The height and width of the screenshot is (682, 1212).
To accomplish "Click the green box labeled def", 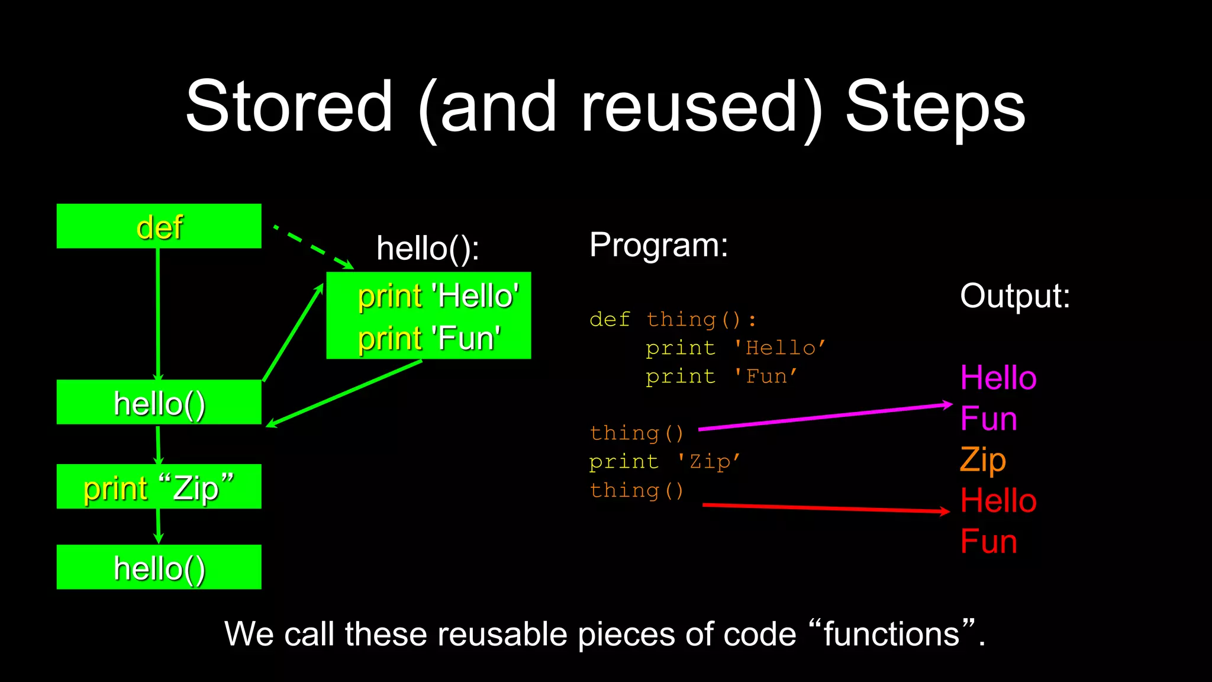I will [159, 226].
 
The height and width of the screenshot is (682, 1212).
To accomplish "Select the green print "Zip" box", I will [159, 487].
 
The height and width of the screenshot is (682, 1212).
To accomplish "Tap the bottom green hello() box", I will [159, 567].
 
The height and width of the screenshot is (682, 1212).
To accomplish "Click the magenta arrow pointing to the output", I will [825, 417].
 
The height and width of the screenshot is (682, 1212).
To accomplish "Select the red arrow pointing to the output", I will [825, 508].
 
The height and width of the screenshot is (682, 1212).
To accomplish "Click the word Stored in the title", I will [289, 107].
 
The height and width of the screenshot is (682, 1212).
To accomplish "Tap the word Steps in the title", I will [935, 107].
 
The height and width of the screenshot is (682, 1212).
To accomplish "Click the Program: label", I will [658, 245].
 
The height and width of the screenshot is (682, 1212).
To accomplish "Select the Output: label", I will [1014, 295].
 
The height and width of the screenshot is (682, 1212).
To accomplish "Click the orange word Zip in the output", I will [982, 460].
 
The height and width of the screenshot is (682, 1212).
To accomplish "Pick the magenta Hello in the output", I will [998, 378].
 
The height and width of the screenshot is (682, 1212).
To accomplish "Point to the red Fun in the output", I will [988, 541].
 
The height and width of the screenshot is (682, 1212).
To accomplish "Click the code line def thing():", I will [673, 320].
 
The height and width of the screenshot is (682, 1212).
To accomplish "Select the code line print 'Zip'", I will [665, 462].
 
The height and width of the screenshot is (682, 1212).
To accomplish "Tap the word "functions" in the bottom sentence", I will [892, 634].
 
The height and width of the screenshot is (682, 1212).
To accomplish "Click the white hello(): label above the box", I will [428, 248].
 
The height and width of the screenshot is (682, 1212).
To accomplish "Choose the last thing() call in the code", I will [637, 490].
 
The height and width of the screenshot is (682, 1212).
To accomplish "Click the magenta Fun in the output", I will [988, 419].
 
